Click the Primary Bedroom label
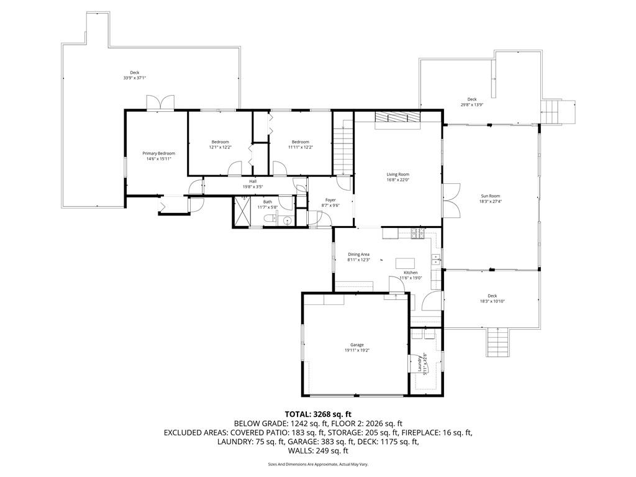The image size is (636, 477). pyautogui.click(x=158, y=153)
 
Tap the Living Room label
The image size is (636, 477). pyautogui.click(x=397, y=175)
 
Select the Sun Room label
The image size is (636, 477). pyautogui.click(x=489, y=196)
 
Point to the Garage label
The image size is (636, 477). pyautogui.click(x=357, y=345)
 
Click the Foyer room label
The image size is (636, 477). pyautogui.click(x=330, y=200)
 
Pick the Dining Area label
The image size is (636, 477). pyautogui.click(x=358, y=254)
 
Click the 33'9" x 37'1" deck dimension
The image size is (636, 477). pyautogui.click(x=134, y=78)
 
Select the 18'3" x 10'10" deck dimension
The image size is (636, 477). pyautogui.click(x=492, y=301)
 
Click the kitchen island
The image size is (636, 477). pyautogui.click(x=405, y=263)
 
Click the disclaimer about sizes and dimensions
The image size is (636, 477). pyautogui.click(x=318, y=464)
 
